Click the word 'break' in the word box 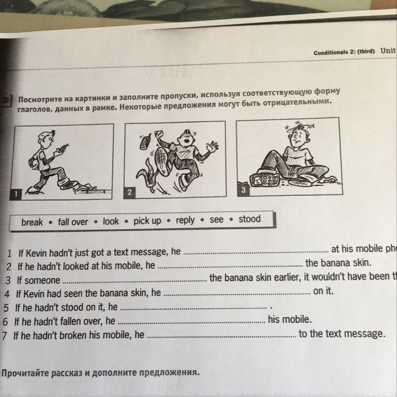pyautogui.click(x=32, y=222)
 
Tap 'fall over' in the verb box pyautogui.click(x=73, y=221)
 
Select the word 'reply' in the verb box pyautogui.click(x=185, y=220)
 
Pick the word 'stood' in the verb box pyautogui.click(x=249, y=219)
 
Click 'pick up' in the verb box pyautogui.click(x=147, y=221)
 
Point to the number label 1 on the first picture pyautogui.click(x=17, y=194)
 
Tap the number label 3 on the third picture pyautogui.click(x=243, y=189)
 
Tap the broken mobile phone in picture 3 pyautogui.click(x=265, y=179)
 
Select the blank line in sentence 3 pyautogui.click(x=134, y=281)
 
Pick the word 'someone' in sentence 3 pyautogui.click(x=43, y=280)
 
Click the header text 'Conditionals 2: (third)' pyautogui.click(x=344, y=52)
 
